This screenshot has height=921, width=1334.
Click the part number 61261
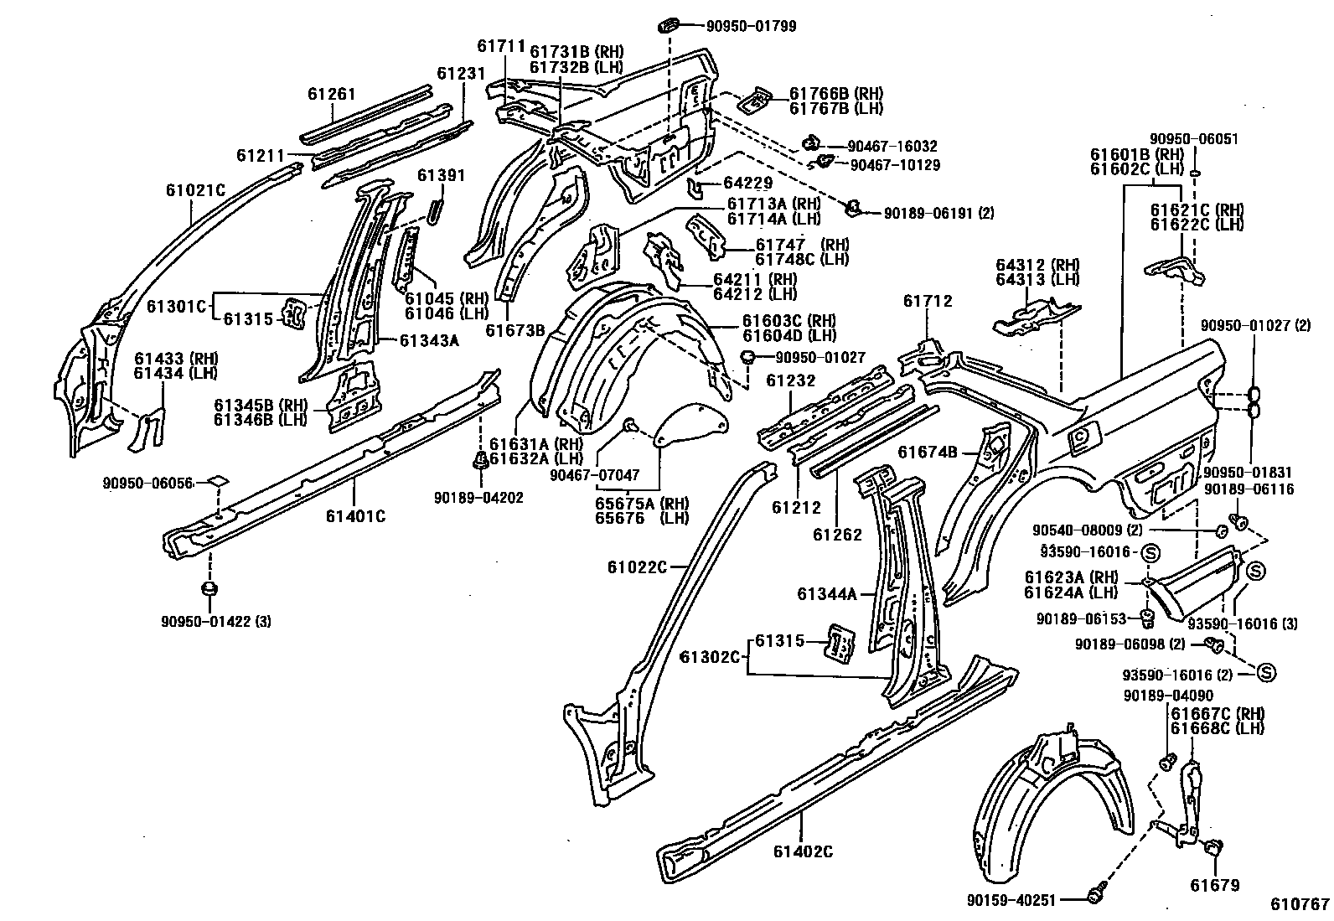pos(332,94)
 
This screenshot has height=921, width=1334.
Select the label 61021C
pos(195,190)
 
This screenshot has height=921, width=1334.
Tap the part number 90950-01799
pos(751,26)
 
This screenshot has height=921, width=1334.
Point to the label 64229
pos(747,183)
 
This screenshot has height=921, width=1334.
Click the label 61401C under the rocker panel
pos(355,516)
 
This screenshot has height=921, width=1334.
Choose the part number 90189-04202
pos(478,498)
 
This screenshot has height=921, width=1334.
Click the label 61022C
pos(638,567)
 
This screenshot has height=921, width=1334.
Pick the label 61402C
pos(803,851)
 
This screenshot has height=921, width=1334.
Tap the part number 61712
pos(928,302)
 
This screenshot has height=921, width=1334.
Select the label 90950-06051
pos(1193,139)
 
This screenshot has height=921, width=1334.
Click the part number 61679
pos(1215,885)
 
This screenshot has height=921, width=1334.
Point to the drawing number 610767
pos(1300,904)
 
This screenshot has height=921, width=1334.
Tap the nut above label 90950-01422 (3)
pos(209,588)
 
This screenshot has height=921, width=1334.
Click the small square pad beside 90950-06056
pos(216,482)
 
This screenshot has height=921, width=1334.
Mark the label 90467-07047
pos(594,475)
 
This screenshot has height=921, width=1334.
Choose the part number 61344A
pos(827,594)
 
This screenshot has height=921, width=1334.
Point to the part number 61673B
pos(514,330)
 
